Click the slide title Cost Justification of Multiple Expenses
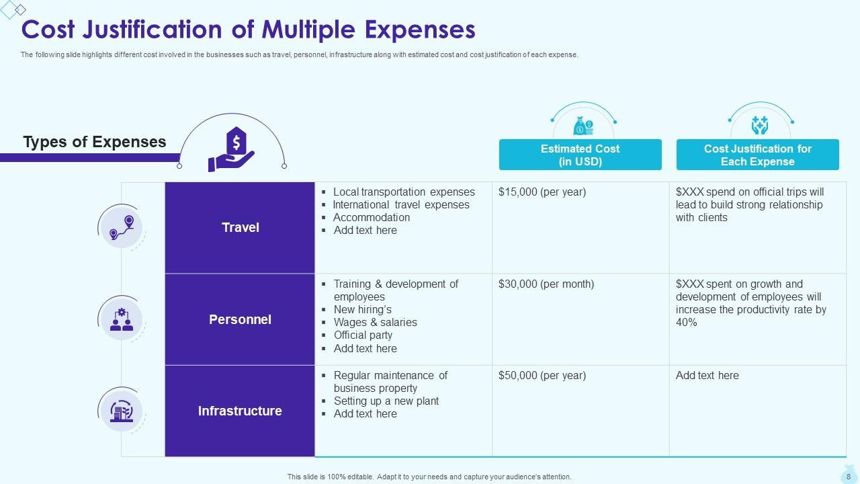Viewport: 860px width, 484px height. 249,30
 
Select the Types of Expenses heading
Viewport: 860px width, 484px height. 95,142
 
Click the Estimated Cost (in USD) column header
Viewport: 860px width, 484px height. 580,155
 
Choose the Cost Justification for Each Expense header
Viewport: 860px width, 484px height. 757,155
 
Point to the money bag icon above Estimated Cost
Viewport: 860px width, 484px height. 583,125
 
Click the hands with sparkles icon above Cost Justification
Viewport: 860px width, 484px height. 759,125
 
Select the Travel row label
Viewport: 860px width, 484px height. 240,228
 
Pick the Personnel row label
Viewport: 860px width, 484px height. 240,320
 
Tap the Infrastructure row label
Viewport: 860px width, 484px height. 240,411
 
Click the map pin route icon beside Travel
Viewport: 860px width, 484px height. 122,227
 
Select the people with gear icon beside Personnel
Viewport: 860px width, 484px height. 122,319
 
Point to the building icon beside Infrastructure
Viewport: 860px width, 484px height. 122,410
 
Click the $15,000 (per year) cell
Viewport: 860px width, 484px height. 542,192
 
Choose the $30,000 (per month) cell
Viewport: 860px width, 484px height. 546,284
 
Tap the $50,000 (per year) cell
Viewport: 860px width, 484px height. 542,376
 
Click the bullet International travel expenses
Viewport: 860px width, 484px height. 401,205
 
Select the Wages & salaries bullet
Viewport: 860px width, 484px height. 375,323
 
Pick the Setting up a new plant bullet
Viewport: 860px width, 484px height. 386,401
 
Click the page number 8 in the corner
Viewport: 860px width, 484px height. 848,476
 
